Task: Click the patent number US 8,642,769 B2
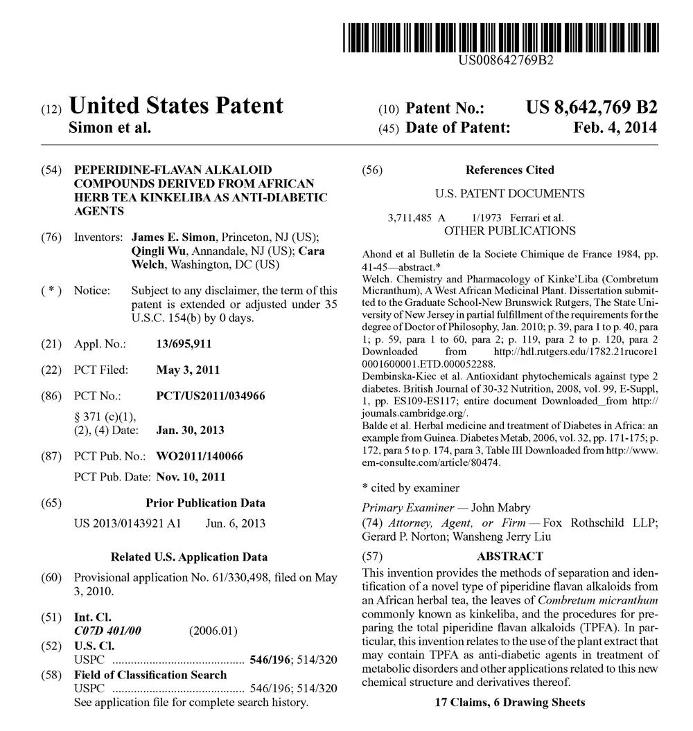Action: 591,107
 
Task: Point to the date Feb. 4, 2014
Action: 615,128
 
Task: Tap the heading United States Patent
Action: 177,106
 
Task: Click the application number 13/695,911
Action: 184,343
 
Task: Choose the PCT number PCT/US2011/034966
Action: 211,396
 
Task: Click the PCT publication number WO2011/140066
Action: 200,456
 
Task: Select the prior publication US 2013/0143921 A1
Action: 128,523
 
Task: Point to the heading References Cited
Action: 510,170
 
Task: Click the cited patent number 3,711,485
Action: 411,217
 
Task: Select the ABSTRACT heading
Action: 510,556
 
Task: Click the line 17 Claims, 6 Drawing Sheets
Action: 510,703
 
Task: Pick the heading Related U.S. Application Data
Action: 189,557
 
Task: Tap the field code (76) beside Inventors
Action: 51,237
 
